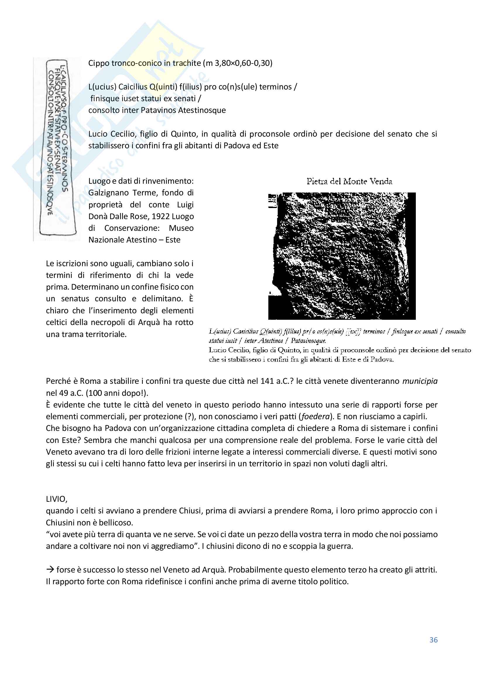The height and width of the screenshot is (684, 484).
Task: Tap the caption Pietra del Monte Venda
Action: pyautogui.click(x=349, y=181)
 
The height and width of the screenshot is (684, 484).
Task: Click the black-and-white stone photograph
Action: pyautogui.click(x=342, y=256)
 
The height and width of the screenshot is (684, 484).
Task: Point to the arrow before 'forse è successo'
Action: pyautogui.click(x=50, y=569)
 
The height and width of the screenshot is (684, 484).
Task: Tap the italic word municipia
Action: pyautogui.click(x=420, y=381)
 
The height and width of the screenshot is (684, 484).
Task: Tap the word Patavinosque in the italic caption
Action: pyautogui.click(x=308, y=341)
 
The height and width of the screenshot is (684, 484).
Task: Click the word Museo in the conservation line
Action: pyautogui.click(x=181, y=228)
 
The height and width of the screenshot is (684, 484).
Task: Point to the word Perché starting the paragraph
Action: pyautogui.click(x=58, y=381)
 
